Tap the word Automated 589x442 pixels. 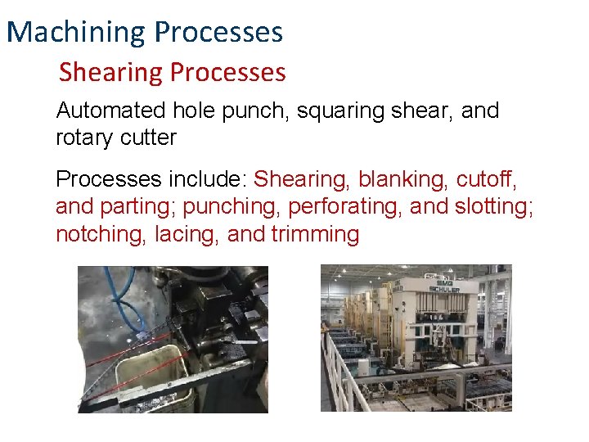click(110, 110)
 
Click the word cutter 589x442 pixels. click(149, 138)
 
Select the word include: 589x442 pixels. click(209, 178)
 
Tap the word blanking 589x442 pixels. click(397, 178)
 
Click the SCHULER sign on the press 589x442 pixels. click(442, 286)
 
